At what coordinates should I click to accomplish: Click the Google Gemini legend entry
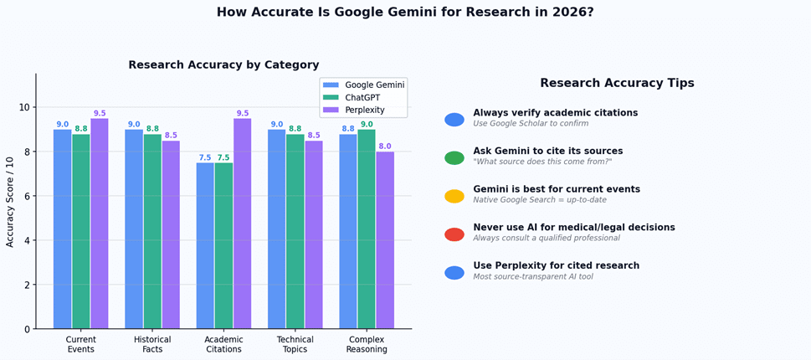[x=363, y=85]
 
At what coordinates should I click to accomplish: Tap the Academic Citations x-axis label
[x=223, y=344]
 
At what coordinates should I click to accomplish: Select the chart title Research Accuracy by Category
[x=223, y=65]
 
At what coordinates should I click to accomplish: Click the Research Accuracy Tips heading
[x=617, y=83]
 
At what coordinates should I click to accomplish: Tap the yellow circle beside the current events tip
[x=454, y=196]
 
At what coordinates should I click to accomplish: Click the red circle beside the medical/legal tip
[x=454, y=234]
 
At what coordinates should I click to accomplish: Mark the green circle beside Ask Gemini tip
[x=454, y=158]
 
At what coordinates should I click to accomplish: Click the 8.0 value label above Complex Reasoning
[x=385, y=147]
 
